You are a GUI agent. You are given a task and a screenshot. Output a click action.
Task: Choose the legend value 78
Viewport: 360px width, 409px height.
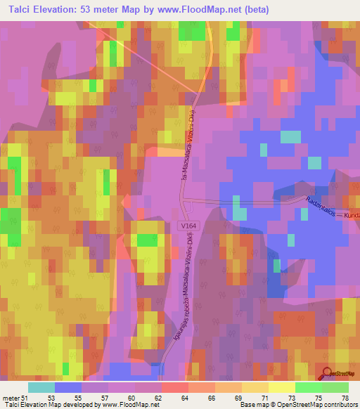pos(345,398)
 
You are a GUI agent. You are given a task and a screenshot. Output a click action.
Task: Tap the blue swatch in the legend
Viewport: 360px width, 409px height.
pos(67,387)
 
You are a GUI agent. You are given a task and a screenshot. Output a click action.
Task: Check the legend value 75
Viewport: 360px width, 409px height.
pos(317,398)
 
